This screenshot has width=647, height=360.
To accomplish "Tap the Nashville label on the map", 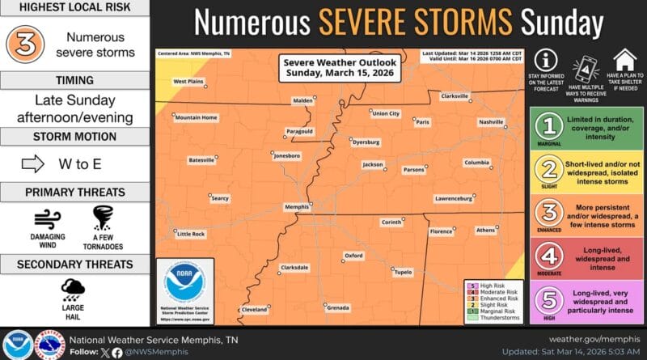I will [491, 121].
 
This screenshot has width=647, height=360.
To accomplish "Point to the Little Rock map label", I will [192, 234].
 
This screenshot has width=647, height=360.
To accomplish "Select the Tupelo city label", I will [403, 273].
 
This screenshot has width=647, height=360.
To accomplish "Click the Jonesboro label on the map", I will [287, 155].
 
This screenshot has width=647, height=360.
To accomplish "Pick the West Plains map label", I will [188, 81].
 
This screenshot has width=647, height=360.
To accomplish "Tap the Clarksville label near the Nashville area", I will [455, 96].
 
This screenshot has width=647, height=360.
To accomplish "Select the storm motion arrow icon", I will [32, 164].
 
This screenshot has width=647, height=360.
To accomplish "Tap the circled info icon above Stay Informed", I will [548, 60].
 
